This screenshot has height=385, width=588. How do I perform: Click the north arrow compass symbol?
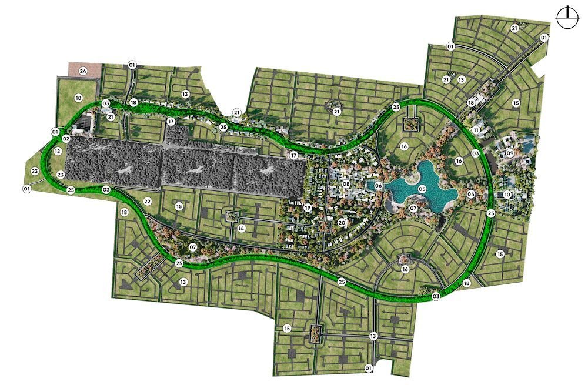click(x=568, y=17)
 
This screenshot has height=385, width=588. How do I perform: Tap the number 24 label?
click(x=83, y=72)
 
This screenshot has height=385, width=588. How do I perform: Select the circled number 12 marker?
click(x=57, y=151)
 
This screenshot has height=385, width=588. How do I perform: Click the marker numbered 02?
click(x=66, y=139)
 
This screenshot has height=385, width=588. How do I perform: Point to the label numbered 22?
click(x=148, y=202)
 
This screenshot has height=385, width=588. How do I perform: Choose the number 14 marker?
click(x=241, y=227)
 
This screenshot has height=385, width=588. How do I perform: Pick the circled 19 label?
click(x=308, y=207)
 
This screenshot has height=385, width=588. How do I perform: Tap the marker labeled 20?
click(x=342, y=223)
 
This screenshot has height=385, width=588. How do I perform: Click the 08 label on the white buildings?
click(x=346, y=185)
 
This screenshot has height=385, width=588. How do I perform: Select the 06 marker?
click(x=379, y=186)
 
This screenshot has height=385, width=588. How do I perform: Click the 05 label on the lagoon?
click(x=422, y=189)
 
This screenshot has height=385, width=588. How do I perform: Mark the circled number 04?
click(x=471, y=193)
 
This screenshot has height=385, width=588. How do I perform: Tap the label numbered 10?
click(x=507, y=195)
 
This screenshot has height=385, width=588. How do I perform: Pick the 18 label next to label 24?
click(x=78, y=98)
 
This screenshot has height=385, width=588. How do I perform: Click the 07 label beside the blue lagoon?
click(x=413, y=208)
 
